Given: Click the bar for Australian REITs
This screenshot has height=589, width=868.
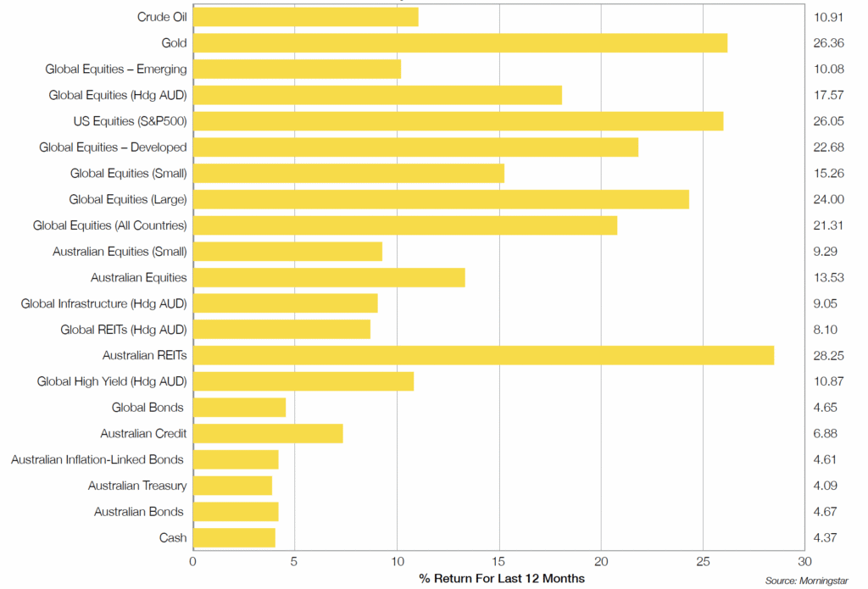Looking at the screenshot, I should [483, 355].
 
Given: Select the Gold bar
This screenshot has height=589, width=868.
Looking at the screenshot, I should [460, 43].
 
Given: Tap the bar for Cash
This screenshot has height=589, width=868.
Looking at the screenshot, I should [235, 537].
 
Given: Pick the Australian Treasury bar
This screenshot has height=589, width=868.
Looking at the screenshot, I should [233, 486].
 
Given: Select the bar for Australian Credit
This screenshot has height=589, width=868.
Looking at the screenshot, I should [268, 433].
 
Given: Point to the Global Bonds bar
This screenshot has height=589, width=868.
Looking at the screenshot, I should [240, 408].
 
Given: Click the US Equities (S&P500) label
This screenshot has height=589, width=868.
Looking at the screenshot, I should [130, 121].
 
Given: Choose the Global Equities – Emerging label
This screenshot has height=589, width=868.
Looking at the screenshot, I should [116, 69].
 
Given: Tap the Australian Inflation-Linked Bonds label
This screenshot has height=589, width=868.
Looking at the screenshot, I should [97, 459].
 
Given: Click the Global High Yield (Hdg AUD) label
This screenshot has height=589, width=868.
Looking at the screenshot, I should [112, 381].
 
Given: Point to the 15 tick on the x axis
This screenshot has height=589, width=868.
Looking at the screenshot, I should [499, 561].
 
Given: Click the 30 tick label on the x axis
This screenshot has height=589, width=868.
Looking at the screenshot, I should [804, 561].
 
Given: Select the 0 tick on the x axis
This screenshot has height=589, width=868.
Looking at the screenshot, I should [193, 561].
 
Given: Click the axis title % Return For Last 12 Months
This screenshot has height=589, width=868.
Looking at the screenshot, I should [502, 578].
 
